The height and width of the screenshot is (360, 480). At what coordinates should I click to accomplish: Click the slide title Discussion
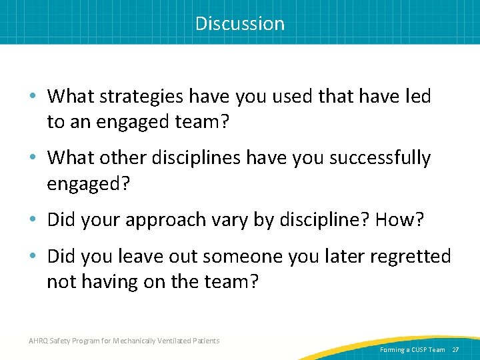point(240,24)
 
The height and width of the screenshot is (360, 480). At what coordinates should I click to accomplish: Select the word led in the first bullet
point(417,97)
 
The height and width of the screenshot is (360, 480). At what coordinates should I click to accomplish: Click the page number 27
point(456,349)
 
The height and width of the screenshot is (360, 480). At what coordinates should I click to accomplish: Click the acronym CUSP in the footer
point(418,349)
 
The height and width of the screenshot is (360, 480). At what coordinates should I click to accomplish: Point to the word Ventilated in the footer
point(175,341)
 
